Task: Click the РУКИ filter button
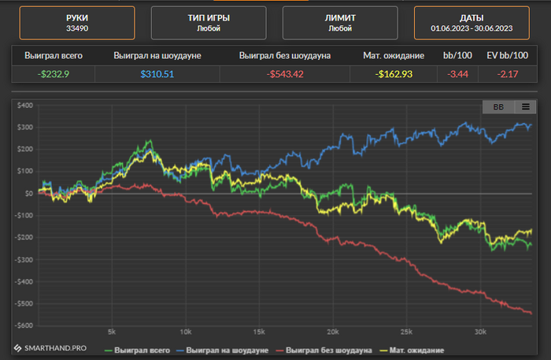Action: click(77, 23)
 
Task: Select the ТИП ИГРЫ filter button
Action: click(209, 23)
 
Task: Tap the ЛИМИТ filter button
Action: click(340, 23)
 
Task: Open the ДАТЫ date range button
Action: click(471, 23)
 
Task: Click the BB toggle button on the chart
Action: click(498, 107)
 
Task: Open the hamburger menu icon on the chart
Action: click(525, 107)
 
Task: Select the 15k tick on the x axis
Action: click(259, 332)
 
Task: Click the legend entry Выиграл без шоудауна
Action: click(323, 349)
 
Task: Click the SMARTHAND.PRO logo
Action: click(51, 347)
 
